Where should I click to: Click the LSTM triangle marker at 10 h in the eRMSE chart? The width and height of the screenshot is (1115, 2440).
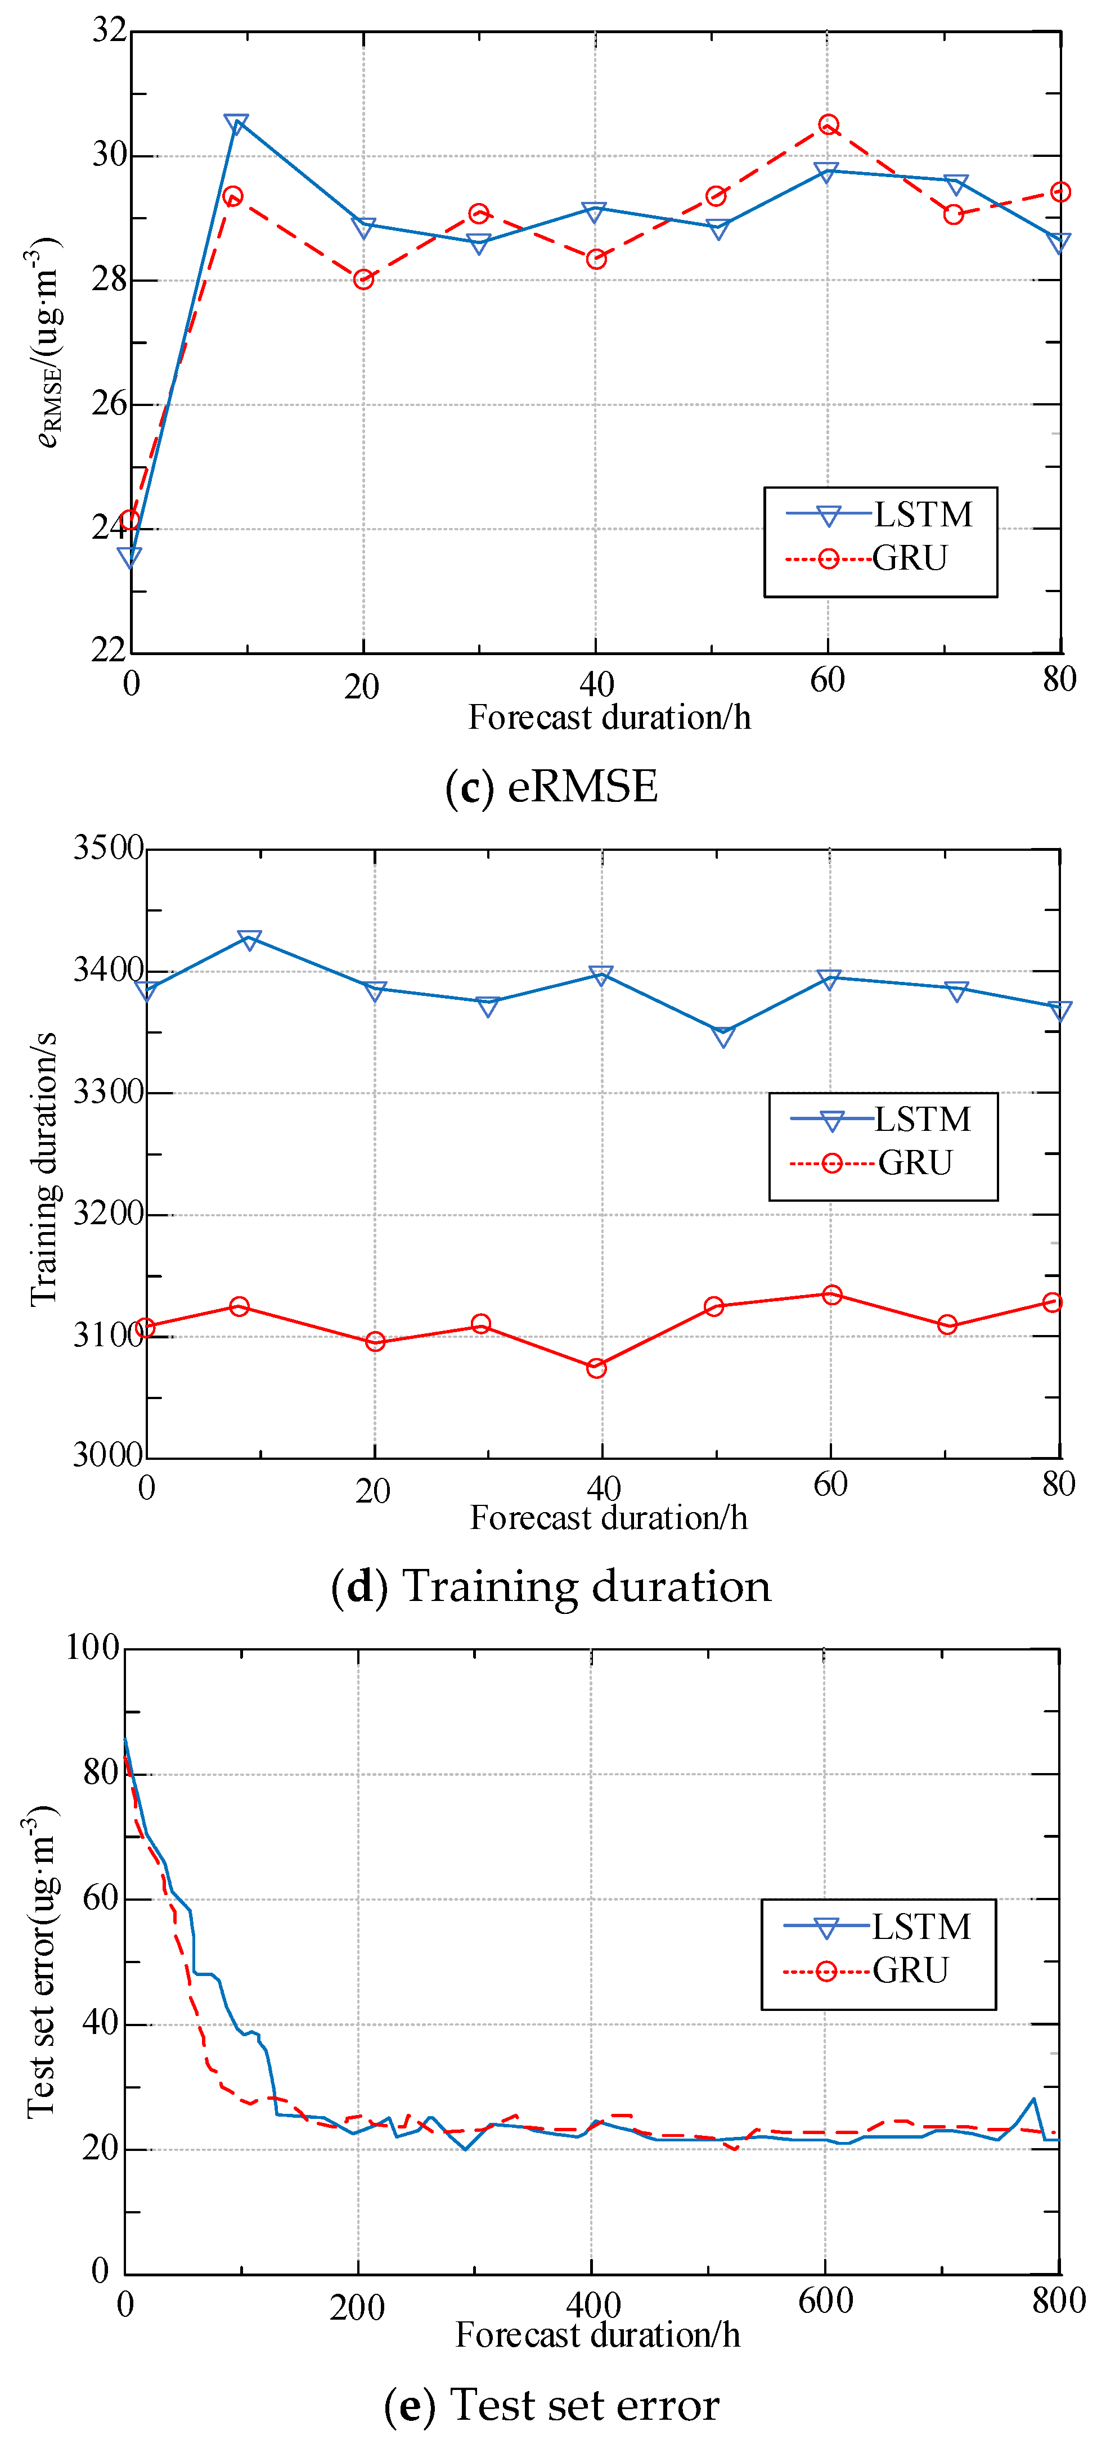(236, 124)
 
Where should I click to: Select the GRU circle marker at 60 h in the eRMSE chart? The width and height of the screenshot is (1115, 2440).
(828, 125)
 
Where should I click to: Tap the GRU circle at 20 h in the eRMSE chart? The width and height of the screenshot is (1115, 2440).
(363, 279)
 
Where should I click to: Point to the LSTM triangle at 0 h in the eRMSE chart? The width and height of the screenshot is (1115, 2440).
(130, 557)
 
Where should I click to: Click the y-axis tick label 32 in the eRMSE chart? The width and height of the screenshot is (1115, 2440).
(109, 31)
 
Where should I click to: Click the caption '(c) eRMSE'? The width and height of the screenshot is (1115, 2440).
(551, 786)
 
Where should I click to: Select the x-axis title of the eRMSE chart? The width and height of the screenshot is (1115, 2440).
(609, 717)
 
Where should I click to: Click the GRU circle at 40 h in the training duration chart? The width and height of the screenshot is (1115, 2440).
(596, 1368)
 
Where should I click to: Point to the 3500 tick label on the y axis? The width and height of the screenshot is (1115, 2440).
(108, 848)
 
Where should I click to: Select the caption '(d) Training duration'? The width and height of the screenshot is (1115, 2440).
(551, 1586)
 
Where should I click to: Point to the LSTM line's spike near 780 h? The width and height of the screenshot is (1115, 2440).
(1032, 2099)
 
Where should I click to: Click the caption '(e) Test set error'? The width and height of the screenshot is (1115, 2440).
(551, 2404)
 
